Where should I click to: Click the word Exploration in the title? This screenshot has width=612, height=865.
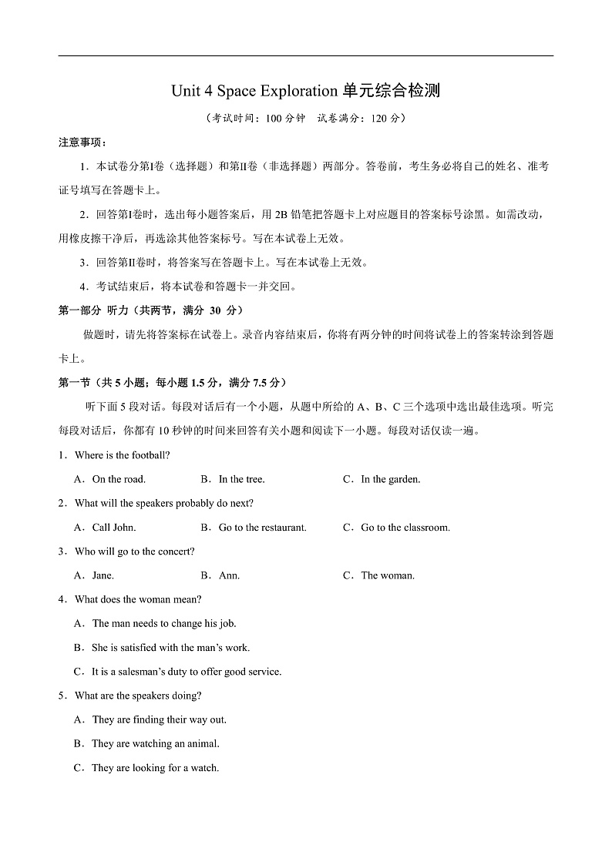(x=294, y=92)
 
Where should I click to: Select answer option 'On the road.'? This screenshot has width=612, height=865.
(x=119, y=479)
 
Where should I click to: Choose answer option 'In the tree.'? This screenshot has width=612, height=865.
(x=241, y=479)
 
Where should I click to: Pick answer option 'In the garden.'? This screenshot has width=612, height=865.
(x=390, y=479)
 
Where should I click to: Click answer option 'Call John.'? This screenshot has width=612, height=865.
(x=114, y=528)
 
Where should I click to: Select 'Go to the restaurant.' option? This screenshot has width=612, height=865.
(x=262, y=528)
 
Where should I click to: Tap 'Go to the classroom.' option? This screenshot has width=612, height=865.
(x=405, y=528)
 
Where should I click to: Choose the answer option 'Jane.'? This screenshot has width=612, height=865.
(x=103, y=575)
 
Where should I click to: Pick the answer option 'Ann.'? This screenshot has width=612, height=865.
(x=229, y=575)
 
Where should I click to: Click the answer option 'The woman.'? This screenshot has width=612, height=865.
(x=387, y=575)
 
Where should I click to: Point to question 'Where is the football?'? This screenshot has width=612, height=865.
(x=122, y=455)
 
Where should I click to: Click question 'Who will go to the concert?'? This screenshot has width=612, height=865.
(x=134, y=552)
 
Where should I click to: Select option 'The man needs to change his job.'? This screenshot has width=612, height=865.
(x=164, y=623)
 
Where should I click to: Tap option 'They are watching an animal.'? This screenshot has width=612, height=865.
(x=156, y=743)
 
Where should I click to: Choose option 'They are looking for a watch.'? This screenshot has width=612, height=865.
(x=155, y=768)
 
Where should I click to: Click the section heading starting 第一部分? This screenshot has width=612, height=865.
(x=151, y=310)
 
